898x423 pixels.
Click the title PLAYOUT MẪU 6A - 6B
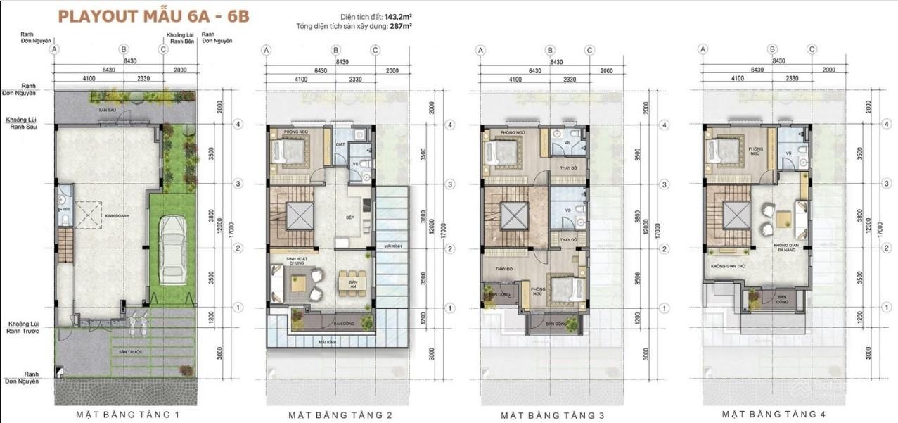tap(153, 17)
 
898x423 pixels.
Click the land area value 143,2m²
tap(397, 16)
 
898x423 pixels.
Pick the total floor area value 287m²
tap(401, 26)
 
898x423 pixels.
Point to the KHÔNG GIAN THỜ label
tap(728, 267)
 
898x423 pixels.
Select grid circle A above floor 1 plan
tap(55, 49)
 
